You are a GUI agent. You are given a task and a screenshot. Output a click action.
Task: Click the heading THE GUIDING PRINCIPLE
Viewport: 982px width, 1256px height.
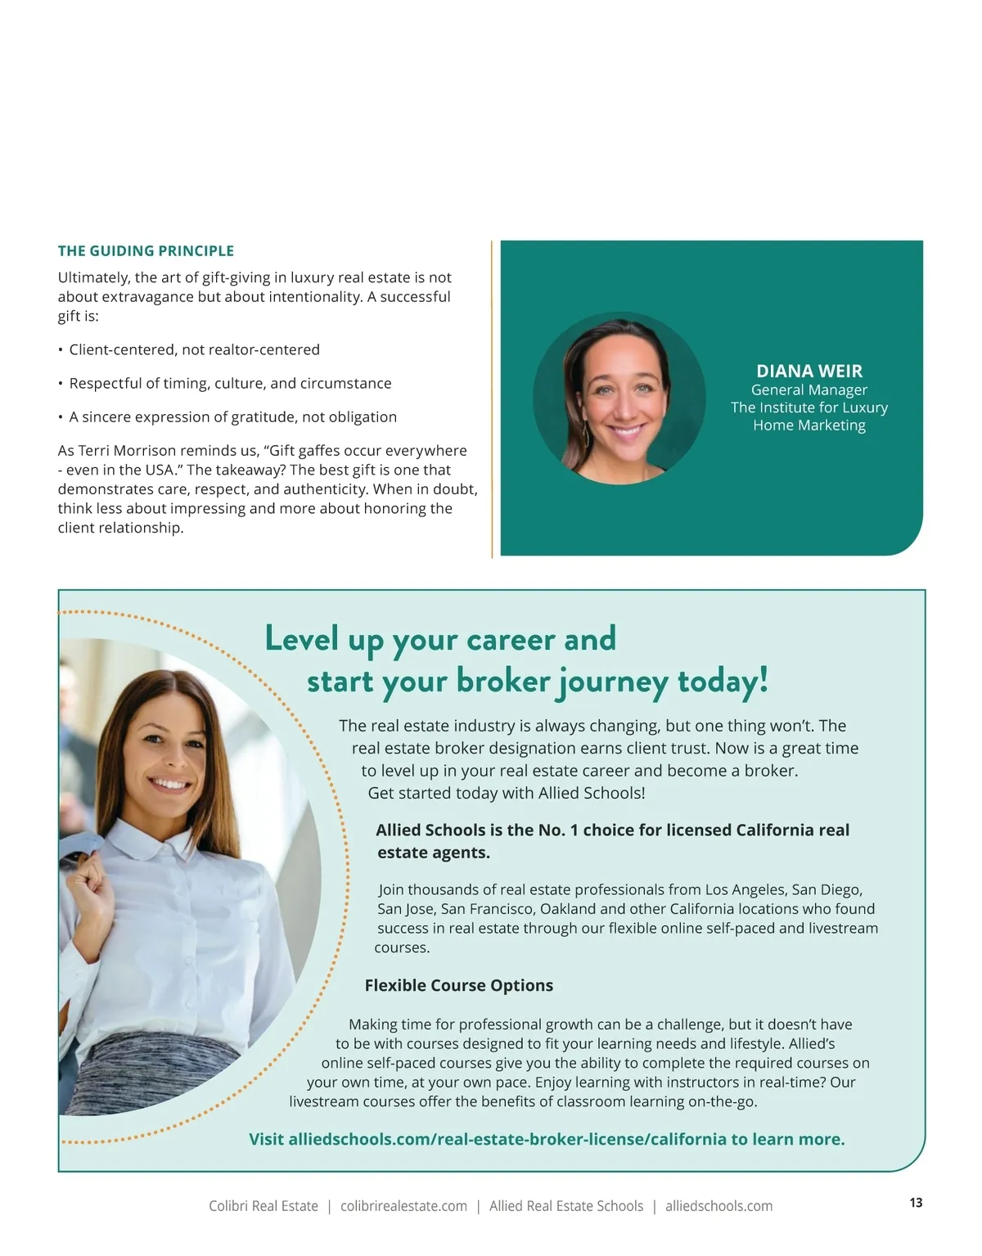point(146,251)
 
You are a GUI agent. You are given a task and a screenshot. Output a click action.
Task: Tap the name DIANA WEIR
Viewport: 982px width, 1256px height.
point(809,371)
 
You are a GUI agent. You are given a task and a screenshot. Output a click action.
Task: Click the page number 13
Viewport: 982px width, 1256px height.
point(916,1203)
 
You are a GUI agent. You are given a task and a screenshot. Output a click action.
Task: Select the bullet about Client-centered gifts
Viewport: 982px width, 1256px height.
point(194,350)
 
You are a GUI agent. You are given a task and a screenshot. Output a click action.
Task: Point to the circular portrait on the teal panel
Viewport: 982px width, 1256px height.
point(619,398)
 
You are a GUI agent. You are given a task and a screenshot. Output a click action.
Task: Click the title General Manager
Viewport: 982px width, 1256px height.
point(809,390)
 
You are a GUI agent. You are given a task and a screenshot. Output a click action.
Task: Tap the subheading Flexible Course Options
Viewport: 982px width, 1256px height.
point(458,986)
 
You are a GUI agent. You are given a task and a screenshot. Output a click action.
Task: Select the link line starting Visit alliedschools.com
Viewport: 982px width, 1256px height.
point(547,1140)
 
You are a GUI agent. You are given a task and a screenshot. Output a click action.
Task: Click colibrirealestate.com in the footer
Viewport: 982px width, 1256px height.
point(403,1206)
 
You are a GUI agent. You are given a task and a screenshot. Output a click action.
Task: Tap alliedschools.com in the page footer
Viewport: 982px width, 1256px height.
point(718,1206)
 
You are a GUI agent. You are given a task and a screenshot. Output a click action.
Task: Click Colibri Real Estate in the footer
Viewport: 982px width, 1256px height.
point(264,1206)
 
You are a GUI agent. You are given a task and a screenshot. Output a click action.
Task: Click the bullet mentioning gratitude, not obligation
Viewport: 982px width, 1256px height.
point(232,417)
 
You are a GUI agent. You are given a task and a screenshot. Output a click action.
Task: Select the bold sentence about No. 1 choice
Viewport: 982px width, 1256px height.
point(612,841)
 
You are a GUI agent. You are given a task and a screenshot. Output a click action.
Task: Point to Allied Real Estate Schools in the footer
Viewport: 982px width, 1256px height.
point(566,1206)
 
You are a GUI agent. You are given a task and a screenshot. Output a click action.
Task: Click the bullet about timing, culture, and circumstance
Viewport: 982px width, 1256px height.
point(230,384)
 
